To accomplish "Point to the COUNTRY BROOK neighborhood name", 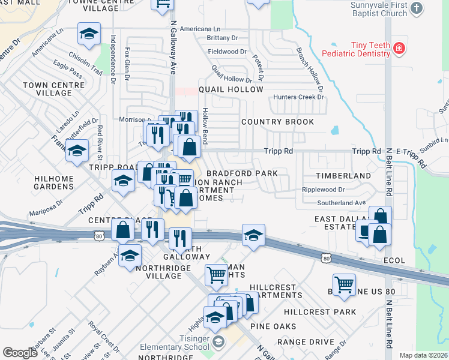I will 277,122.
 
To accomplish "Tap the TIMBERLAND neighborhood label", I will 344,175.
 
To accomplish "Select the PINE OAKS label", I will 273,326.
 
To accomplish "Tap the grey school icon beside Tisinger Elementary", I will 220,342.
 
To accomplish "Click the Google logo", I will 20,353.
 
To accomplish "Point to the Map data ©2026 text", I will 423,355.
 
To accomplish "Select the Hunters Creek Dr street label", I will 298,97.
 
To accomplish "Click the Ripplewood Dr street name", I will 323,190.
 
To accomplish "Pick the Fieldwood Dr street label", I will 227,52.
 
